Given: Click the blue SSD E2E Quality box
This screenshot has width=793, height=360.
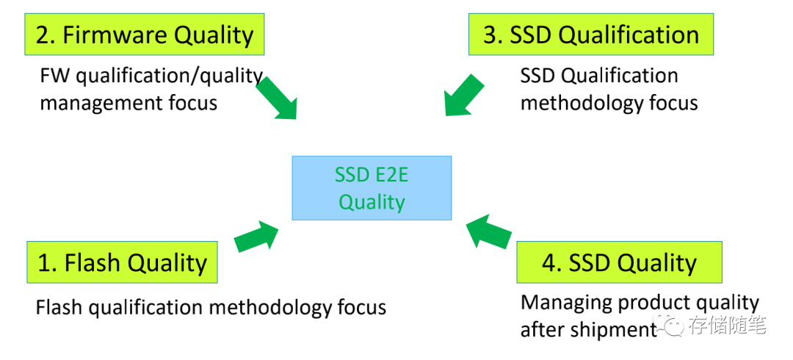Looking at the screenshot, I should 372,187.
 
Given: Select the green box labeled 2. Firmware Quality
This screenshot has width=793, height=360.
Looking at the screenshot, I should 145,35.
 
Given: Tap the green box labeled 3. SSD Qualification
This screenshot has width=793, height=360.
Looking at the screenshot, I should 590,35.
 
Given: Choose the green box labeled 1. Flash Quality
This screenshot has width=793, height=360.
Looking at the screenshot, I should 122,262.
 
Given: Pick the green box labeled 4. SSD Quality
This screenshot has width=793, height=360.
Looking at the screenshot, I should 619,262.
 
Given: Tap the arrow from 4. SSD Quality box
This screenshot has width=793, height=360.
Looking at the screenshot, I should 489,231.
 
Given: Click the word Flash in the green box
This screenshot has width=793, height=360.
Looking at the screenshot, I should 92,262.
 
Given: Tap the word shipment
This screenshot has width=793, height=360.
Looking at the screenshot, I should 610,330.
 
